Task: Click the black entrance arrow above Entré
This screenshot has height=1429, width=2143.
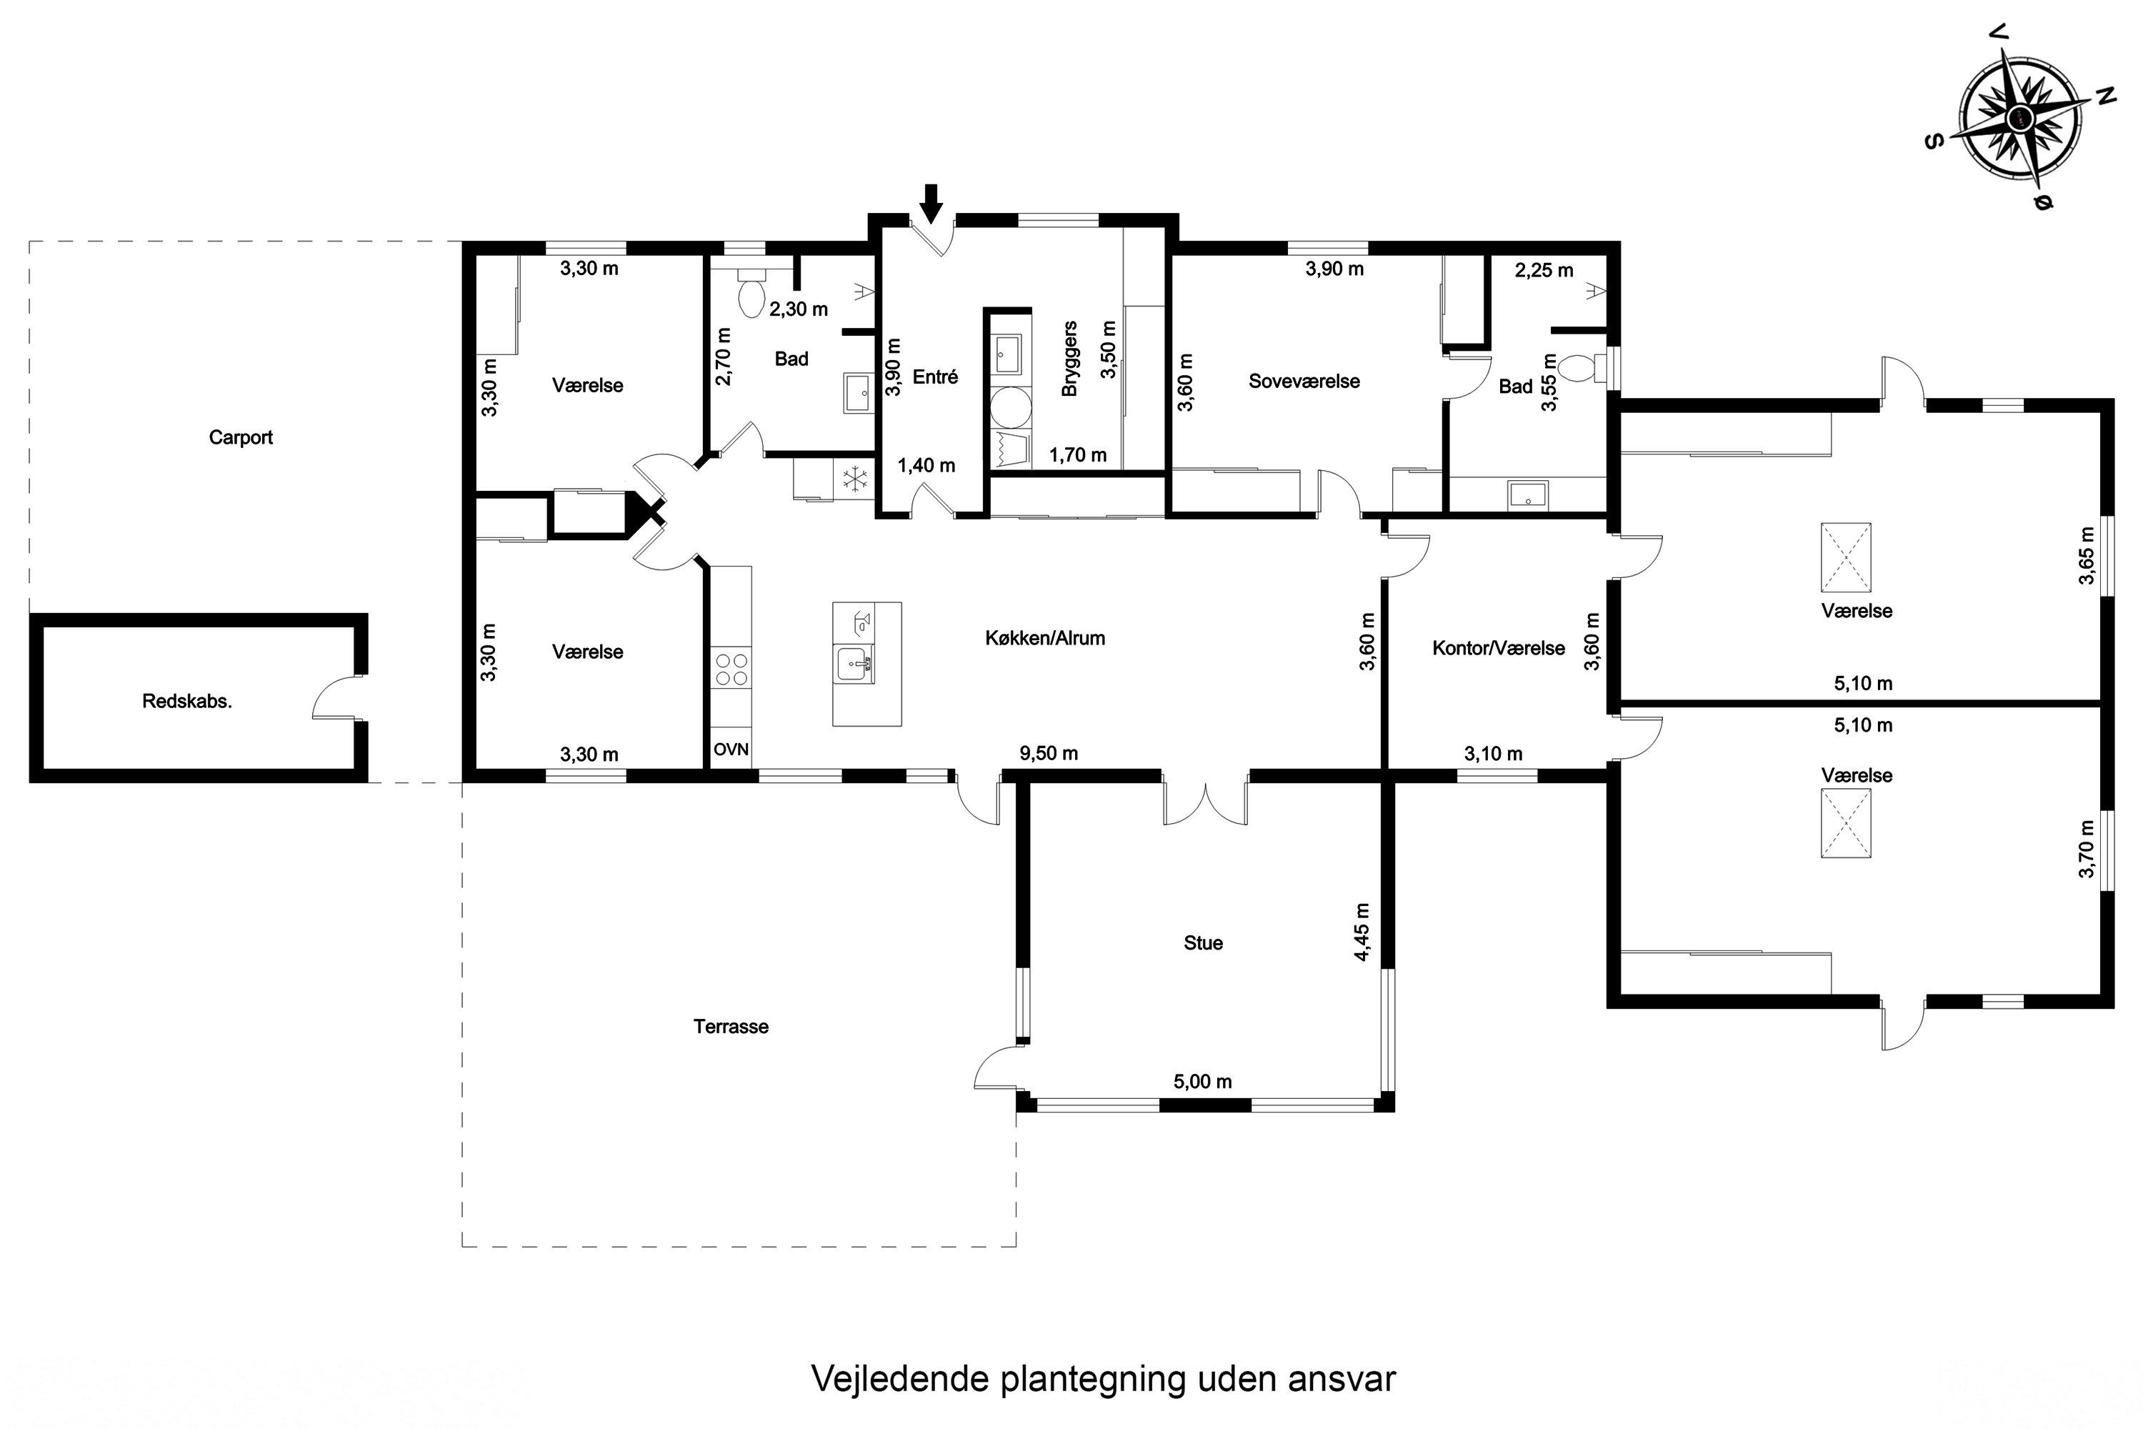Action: (930, 203)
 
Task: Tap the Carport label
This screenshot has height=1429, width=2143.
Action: (241, 437)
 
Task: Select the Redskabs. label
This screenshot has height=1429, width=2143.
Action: (186, 702)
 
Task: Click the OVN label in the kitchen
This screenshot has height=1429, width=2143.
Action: (731, 749)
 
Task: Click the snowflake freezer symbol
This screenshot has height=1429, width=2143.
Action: (854, 479)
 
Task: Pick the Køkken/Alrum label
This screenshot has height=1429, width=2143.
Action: (1045, 638)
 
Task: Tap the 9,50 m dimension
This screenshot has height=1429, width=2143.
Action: (1049, 754)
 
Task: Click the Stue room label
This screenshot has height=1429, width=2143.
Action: (1203, 943)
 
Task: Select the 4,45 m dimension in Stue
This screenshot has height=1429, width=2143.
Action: (1362, 932)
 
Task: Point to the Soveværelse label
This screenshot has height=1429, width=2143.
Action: (1304, 382)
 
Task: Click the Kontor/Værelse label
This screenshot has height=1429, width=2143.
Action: (1499, 649)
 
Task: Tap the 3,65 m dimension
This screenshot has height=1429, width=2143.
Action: (2087, 556)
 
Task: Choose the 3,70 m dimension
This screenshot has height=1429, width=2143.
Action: (2087, 850)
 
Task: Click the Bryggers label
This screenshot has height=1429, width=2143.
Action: (1069, 358)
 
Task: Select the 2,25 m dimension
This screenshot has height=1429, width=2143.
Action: (1544, 271)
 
